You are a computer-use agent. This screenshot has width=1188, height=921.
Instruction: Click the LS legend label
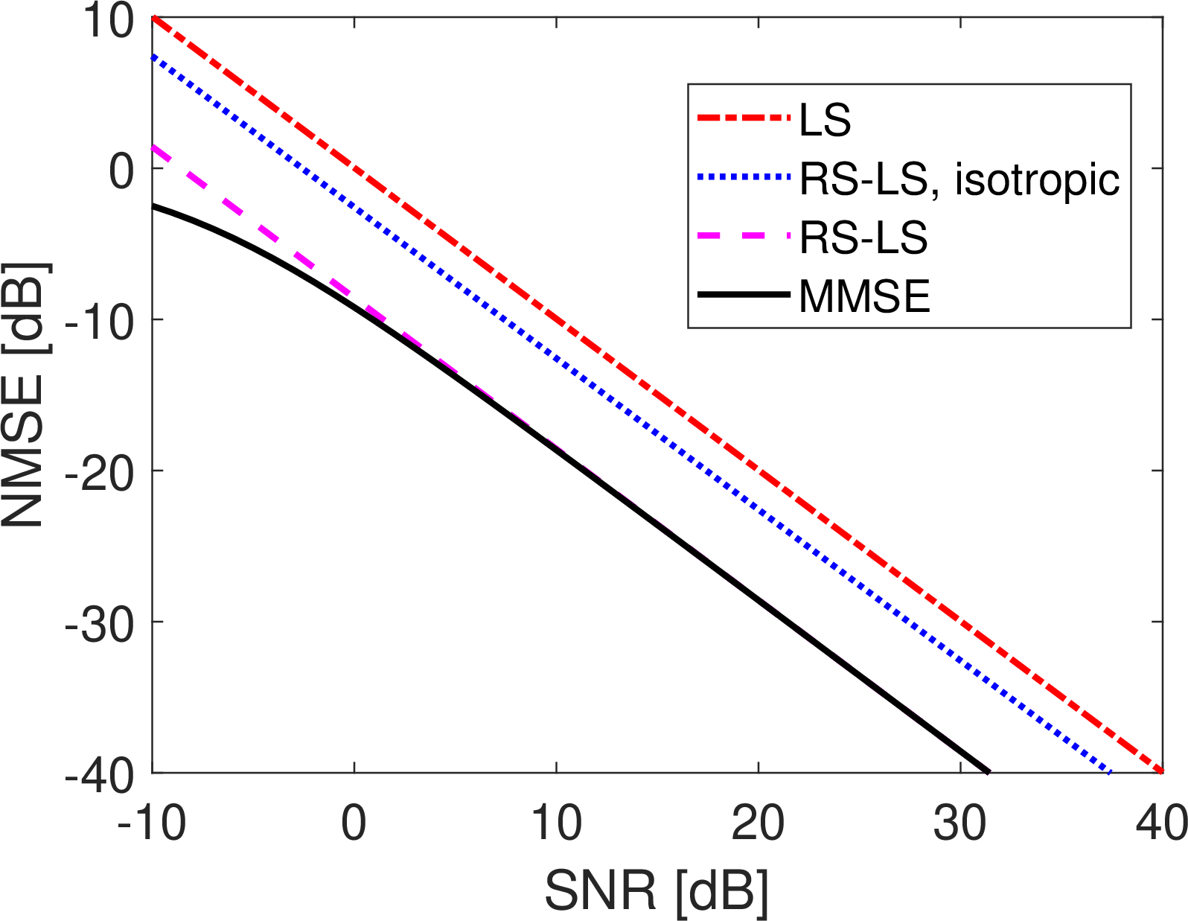pyautogui.click(x=825, y=119)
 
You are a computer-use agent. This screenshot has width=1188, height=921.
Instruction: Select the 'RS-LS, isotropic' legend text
pyautogui.click(x=959, y=179)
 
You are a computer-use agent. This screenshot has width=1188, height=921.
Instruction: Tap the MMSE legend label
pyautogui.click(x=864, y=296)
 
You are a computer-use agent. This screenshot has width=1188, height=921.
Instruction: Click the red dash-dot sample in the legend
pyautogui.click(x=742, y=118)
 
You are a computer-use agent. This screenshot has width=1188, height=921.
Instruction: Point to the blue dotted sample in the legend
pyautogui.click(x=742, y=177)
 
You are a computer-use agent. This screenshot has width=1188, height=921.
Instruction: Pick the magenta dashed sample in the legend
pyautogui.click(x=742, y=237)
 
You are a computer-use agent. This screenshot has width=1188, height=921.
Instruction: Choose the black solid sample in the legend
pyautogui.click(x=742, y=296)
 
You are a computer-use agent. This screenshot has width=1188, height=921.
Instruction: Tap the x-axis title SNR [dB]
pyautogui.click(x=657, y=890)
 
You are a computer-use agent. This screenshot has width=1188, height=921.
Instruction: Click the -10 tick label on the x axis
pyautogui.click(x=152, y=823)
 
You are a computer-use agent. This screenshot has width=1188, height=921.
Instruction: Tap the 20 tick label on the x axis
pyautogui.click(x=758, y=823)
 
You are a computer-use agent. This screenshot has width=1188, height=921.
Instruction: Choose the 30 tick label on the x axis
pyautogui.click(x=960, y=823)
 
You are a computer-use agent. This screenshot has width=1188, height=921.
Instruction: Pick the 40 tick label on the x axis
pyautogui.click(x=1161, y=823)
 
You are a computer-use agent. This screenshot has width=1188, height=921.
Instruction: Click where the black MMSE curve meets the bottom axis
pyautogui.click(x=989, y=772)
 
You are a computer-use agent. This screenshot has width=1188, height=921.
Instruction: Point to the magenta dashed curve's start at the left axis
pyautogui.click(x=153, y=147)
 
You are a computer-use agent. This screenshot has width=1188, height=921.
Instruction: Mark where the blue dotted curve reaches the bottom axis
pyautogui.click(x=1109, y=772)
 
